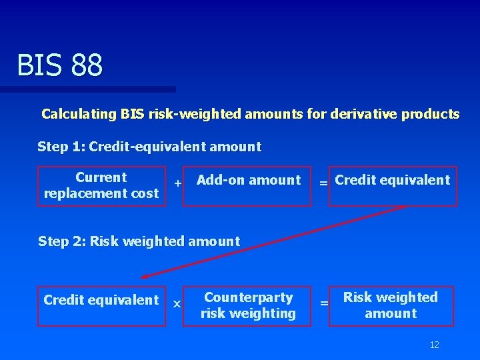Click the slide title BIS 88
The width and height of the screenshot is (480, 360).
point(60,65)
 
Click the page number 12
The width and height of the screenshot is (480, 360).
point(434,345)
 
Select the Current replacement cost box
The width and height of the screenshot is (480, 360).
point(101,186)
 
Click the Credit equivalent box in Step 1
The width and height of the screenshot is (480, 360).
point(393,186)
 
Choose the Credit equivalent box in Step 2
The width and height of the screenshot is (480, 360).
point(101,306)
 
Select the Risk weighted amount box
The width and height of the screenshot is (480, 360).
point(391,306)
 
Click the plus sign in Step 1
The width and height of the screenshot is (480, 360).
point(177,183)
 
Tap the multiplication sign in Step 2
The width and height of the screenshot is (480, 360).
point(177,303)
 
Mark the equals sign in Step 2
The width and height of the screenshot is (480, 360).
point(324,303)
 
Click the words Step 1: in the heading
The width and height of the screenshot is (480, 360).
point(61,147)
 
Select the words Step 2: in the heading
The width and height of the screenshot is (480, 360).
point(62,241)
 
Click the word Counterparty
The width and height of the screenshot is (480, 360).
point(248,297)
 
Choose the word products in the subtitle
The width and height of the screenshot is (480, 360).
point(432,114)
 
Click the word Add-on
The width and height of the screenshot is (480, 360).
point(219,180)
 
